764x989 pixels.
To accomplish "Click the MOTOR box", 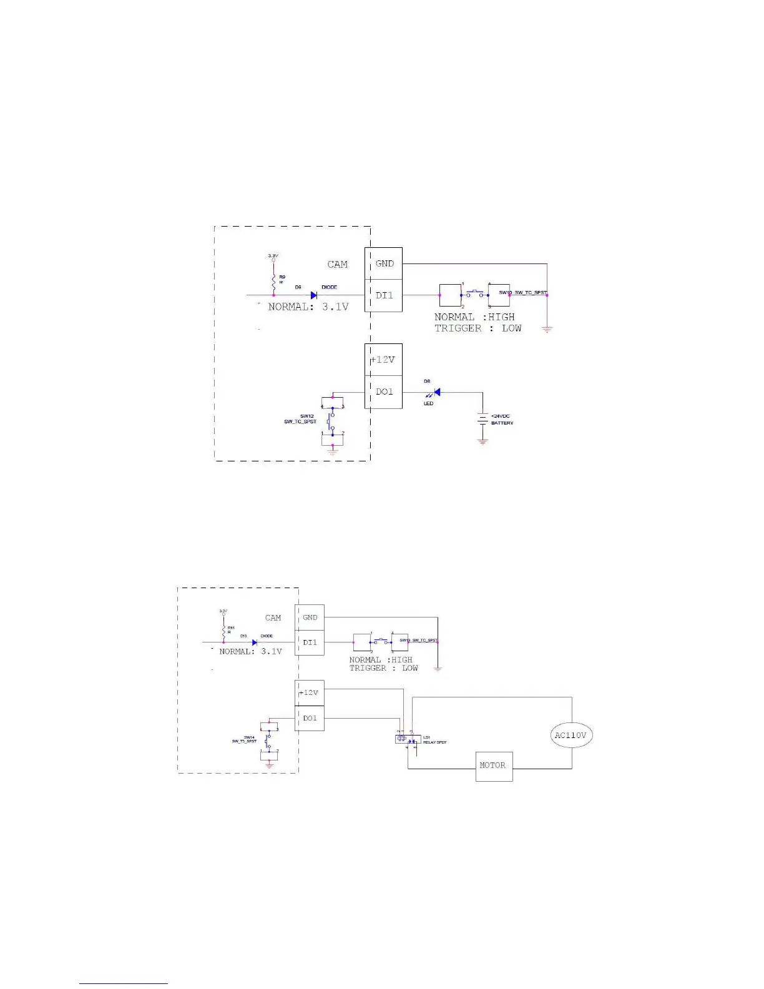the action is pyautogui.click(x=494, y=766).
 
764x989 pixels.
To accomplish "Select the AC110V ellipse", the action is pyautogui.click(x=571, y=736).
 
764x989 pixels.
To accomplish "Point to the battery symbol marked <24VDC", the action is pyautogui.click(x=482, y=420).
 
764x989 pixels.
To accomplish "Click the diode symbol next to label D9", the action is pyautogui.click(x=314, y=295).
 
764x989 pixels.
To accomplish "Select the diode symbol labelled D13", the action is pyautogui.click(x=255, y=642).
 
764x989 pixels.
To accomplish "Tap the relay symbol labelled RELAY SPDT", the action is pyautogui.click(x=406, y=740).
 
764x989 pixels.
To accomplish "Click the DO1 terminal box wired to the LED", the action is pyautogui.click(x=384, y=392).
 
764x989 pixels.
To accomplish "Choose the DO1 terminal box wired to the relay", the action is pyautogui.click(x=310, y=719).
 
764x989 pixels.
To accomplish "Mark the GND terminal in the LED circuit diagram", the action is pyautogui.click(x=384, y=263).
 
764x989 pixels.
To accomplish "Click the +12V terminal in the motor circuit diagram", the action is pyautogui.click(x=310, y=692).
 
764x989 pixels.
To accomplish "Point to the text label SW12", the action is pyautogui.click(x=306, y=416).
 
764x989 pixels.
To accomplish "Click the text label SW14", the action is pyautogui.click(x=249, y=737).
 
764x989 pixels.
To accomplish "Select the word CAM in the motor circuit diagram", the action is pyautogui.click(x=273, y=618).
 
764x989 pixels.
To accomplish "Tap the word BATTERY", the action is pyautogui.click(x=502, y=423).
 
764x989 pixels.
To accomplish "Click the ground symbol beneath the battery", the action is pyautogui.click(x=482, y=441).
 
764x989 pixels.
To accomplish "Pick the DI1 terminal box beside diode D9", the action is pyautogui.click(x=384, y=295).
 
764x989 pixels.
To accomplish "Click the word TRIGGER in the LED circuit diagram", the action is pyautogui.click(x=458, y=328).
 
